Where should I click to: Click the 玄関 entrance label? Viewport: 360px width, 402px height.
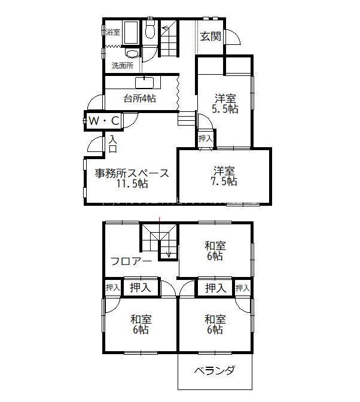point(210,36)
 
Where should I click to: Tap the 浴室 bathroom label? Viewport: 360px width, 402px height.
point(112,32)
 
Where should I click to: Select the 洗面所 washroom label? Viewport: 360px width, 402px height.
point(122,66)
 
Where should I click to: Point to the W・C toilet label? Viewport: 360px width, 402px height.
point(104,121)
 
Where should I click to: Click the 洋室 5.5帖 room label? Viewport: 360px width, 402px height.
point(225,103)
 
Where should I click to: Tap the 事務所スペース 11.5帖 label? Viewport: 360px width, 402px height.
point(132,179)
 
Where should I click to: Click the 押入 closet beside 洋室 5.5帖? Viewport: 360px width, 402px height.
point(206,138)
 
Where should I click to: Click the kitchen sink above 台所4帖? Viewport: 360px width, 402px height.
point(145,83)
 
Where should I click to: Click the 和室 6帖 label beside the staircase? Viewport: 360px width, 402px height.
point(215,250)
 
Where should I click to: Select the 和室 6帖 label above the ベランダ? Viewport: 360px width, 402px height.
point(215,324)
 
